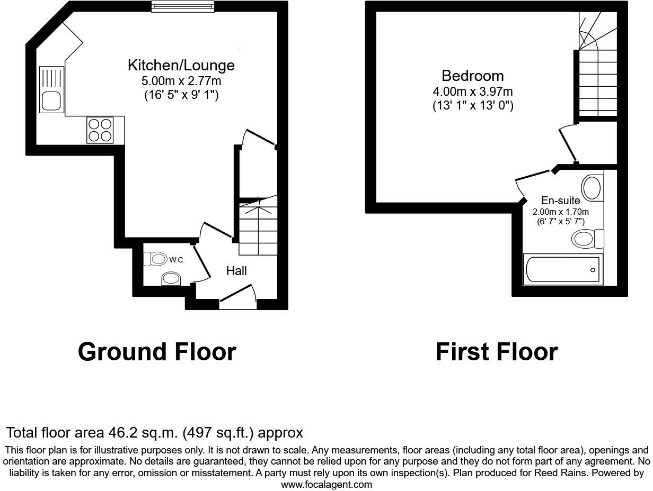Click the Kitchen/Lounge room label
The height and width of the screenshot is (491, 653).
click(181, 66)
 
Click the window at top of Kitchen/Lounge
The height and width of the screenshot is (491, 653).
click(183, 6)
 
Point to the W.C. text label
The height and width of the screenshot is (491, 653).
click(177, 260)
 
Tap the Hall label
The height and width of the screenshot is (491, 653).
click(236, 271)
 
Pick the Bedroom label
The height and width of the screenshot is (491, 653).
click(472, 76)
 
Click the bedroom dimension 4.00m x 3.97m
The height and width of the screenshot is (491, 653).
click(472, 92)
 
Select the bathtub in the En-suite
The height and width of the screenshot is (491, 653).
click(562, 269)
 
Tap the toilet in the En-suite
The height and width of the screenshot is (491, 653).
click(587, 239)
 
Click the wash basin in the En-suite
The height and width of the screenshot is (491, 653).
click(592, 187)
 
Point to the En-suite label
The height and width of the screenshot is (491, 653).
click(560, 201)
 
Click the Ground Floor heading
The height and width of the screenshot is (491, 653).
click(157, 352)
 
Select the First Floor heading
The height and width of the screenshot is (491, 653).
click(496, 352)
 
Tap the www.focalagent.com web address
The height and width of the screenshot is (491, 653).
click(326, 484)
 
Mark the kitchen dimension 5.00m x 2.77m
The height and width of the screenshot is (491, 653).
click(181, 81)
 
